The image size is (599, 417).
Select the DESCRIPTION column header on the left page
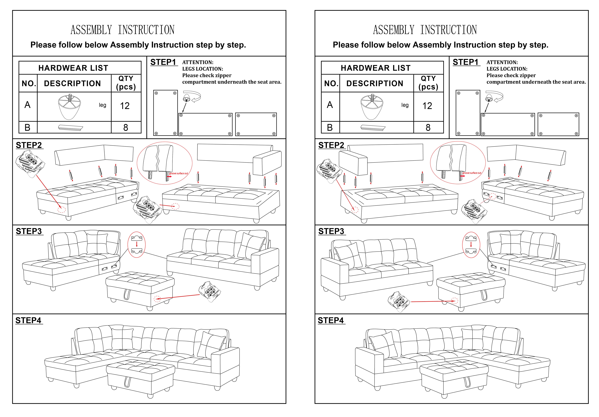(x=72, y=84)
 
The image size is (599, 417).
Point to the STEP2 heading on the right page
(x=331, y=145)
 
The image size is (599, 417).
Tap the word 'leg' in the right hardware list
(x=405, y=105)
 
